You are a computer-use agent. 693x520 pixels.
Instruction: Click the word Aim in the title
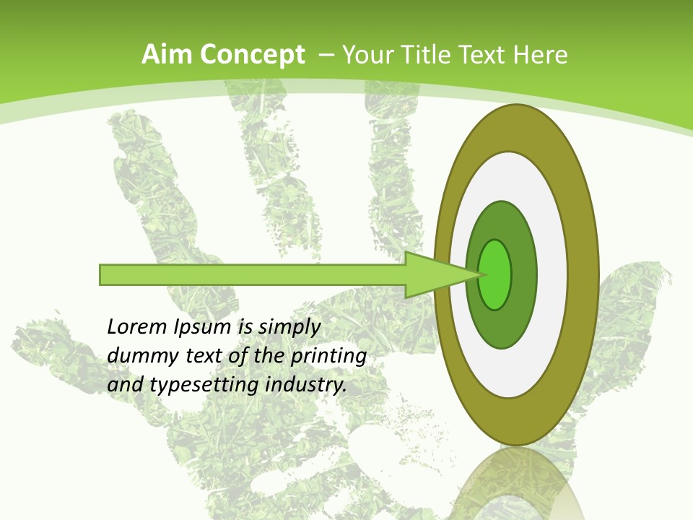[x=167, y=55]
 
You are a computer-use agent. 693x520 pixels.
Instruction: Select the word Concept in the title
[x=253, y=55]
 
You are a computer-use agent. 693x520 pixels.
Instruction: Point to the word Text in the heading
[x=487, y=55]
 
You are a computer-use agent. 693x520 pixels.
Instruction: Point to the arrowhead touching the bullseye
[x=440, y=274]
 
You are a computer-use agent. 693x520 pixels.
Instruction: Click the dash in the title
[x=326, y=55]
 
